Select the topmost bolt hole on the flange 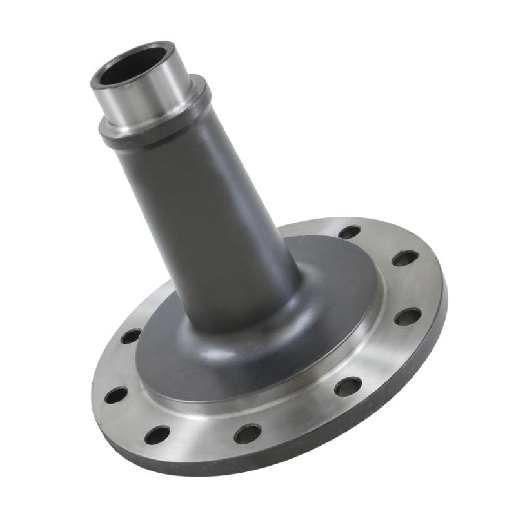349,232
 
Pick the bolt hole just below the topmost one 404,258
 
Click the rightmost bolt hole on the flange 408,316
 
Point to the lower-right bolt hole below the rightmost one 348,386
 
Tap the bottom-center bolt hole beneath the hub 248,433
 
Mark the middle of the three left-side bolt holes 116,395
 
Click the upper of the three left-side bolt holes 131,336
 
